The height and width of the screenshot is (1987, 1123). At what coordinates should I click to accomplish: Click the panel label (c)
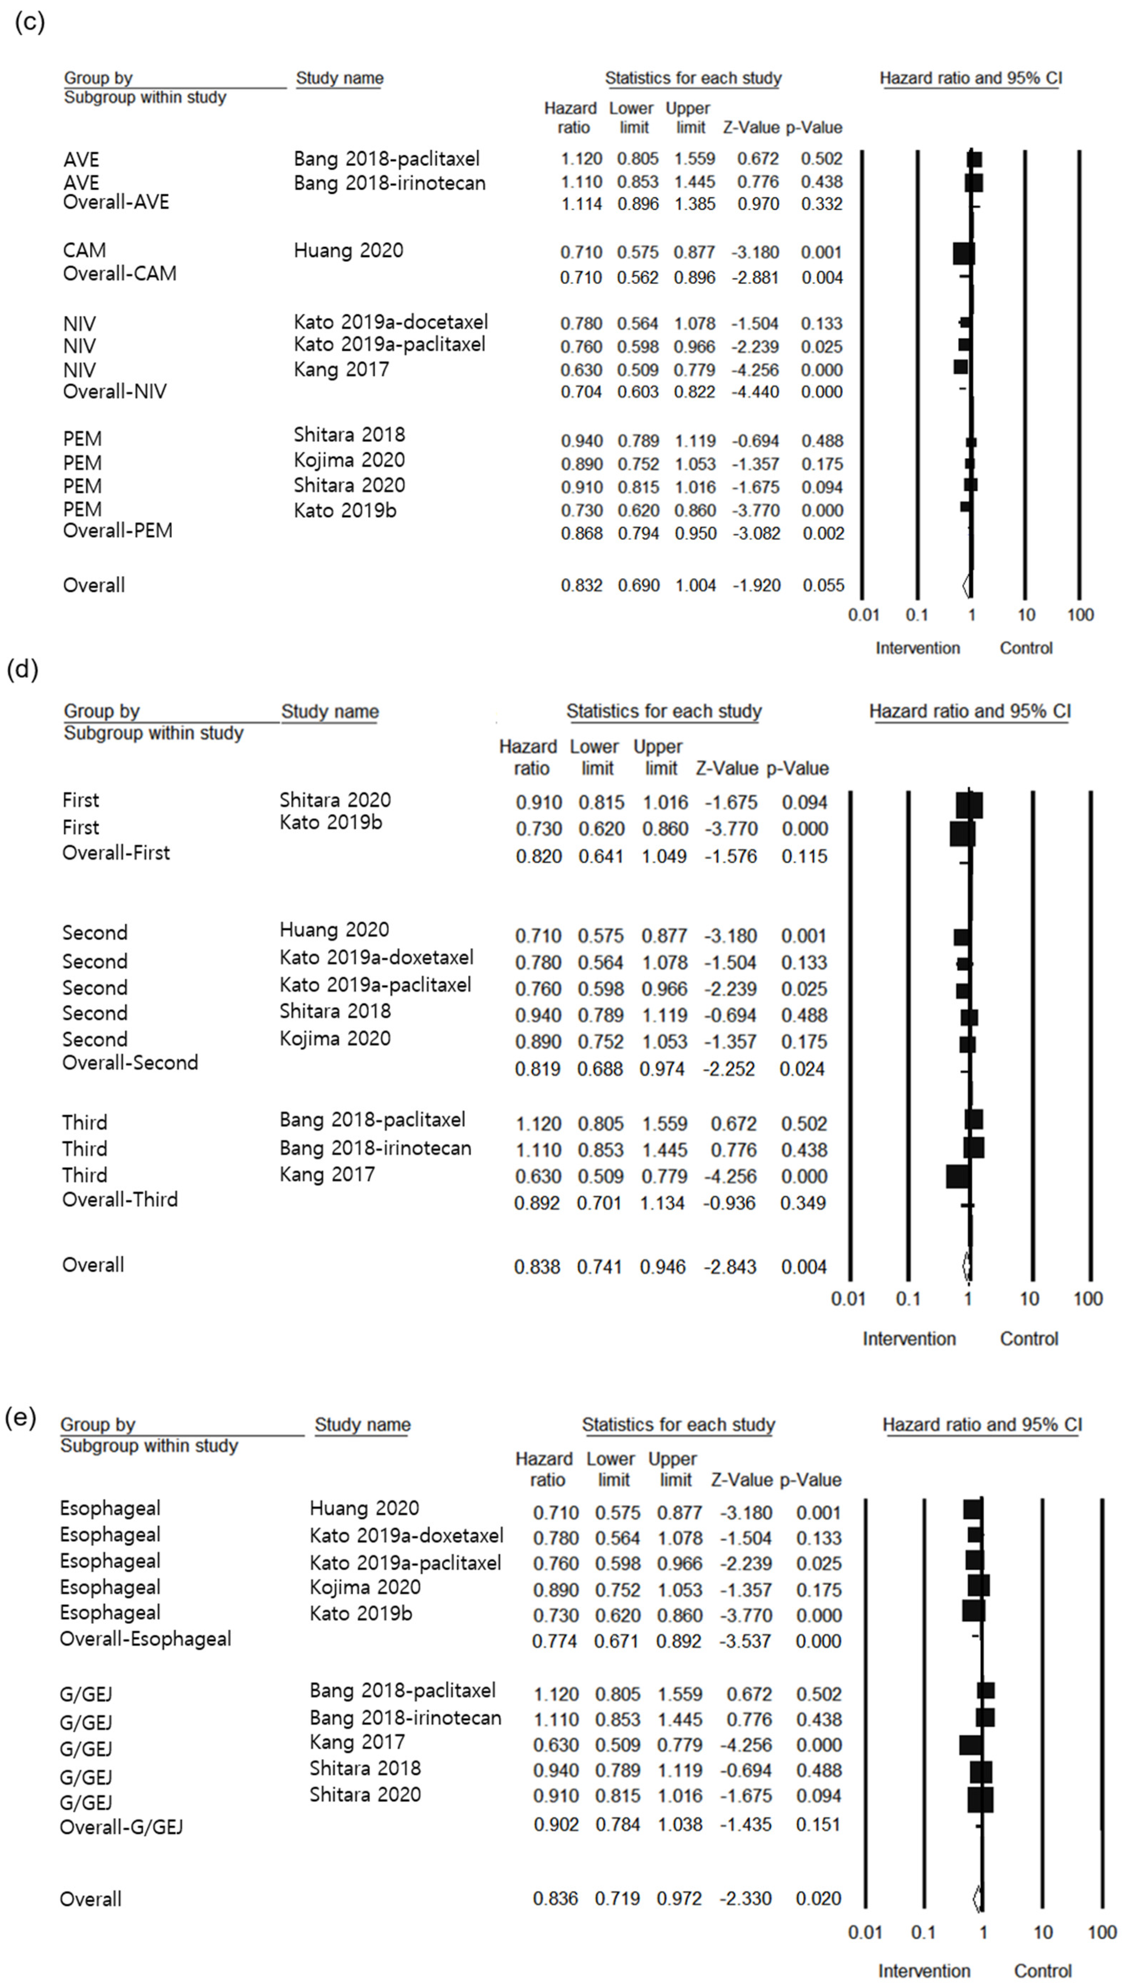[x=29, y=22]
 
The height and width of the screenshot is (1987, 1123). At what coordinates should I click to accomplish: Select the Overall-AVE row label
[x=116, y=202]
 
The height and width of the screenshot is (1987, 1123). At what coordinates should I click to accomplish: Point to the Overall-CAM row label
[x=119, y=274]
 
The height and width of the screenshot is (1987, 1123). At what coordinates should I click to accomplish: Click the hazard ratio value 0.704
[x=581, y=392]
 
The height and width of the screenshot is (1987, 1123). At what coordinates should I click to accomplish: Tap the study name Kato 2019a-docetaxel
[x=390, y=322]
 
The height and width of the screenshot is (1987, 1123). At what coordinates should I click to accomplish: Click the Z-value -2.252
[x=729, y=1069]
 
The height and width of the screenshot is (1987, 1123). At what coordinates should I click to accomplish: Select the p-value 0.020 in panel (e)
[x=818, y=1898]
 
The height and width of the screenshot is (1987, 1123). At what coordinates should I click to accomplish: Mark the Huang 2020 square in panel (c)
[x=963, y=253]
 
